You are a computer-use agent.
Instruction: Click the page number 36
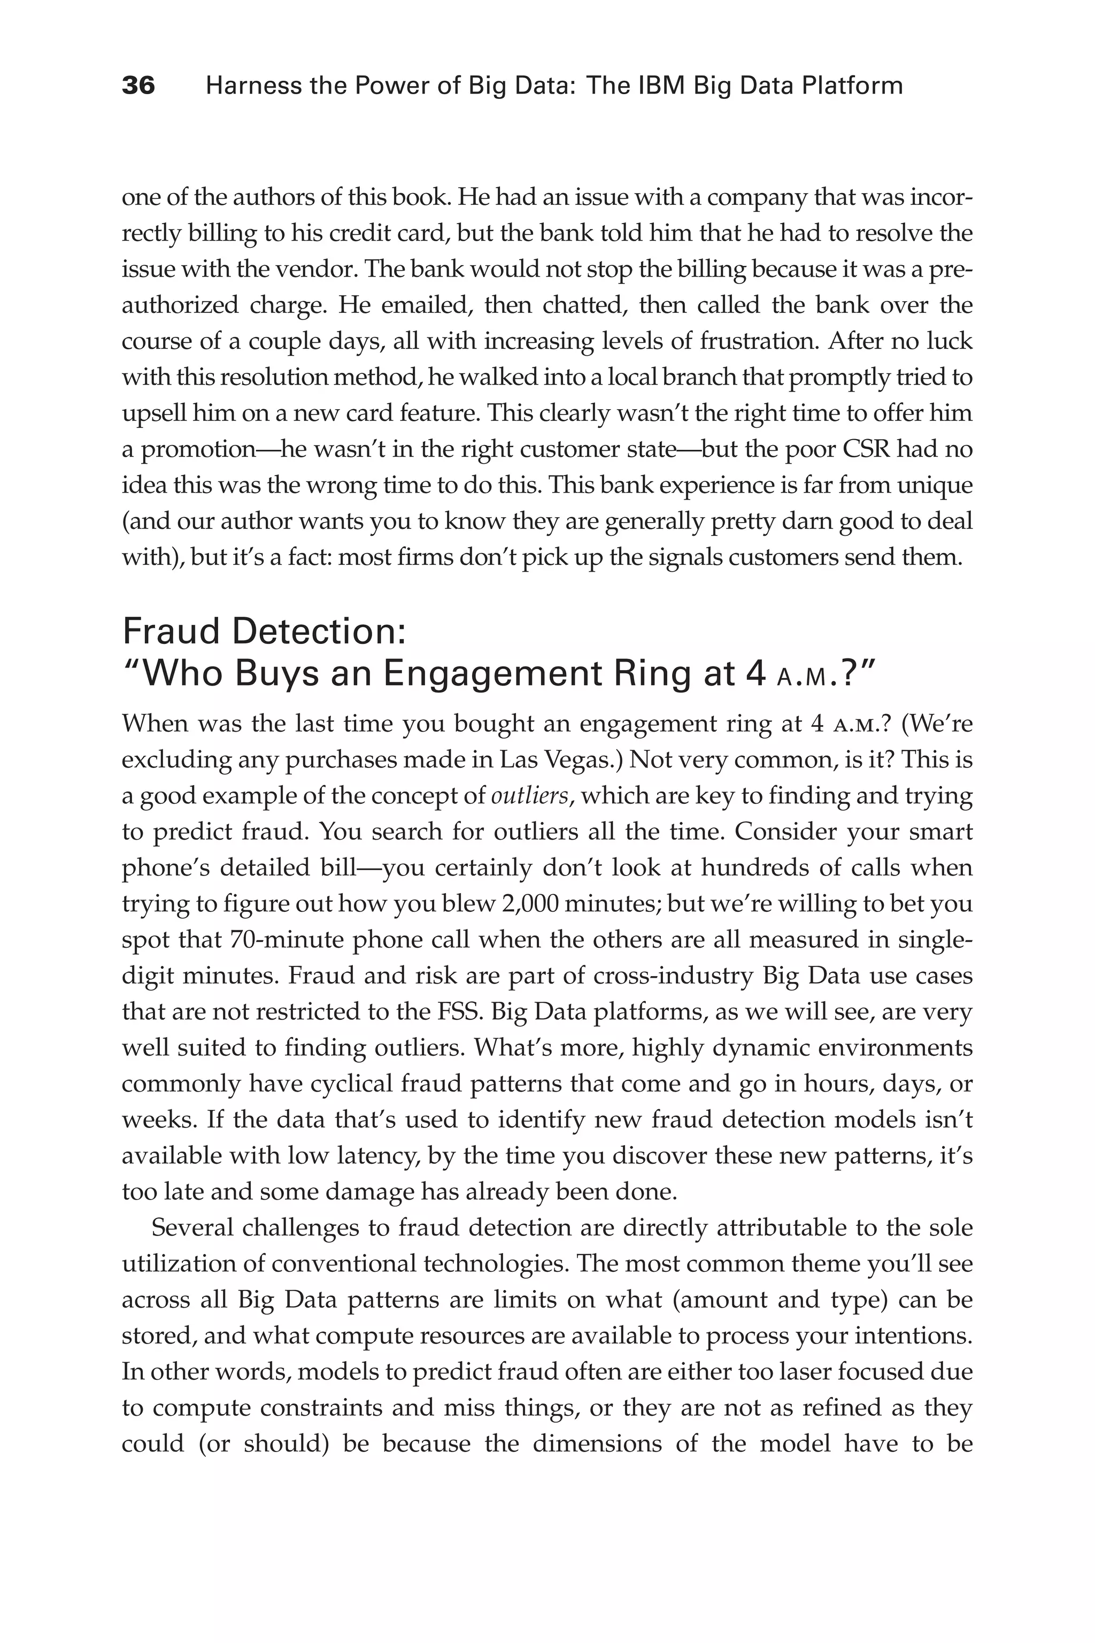138,86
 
